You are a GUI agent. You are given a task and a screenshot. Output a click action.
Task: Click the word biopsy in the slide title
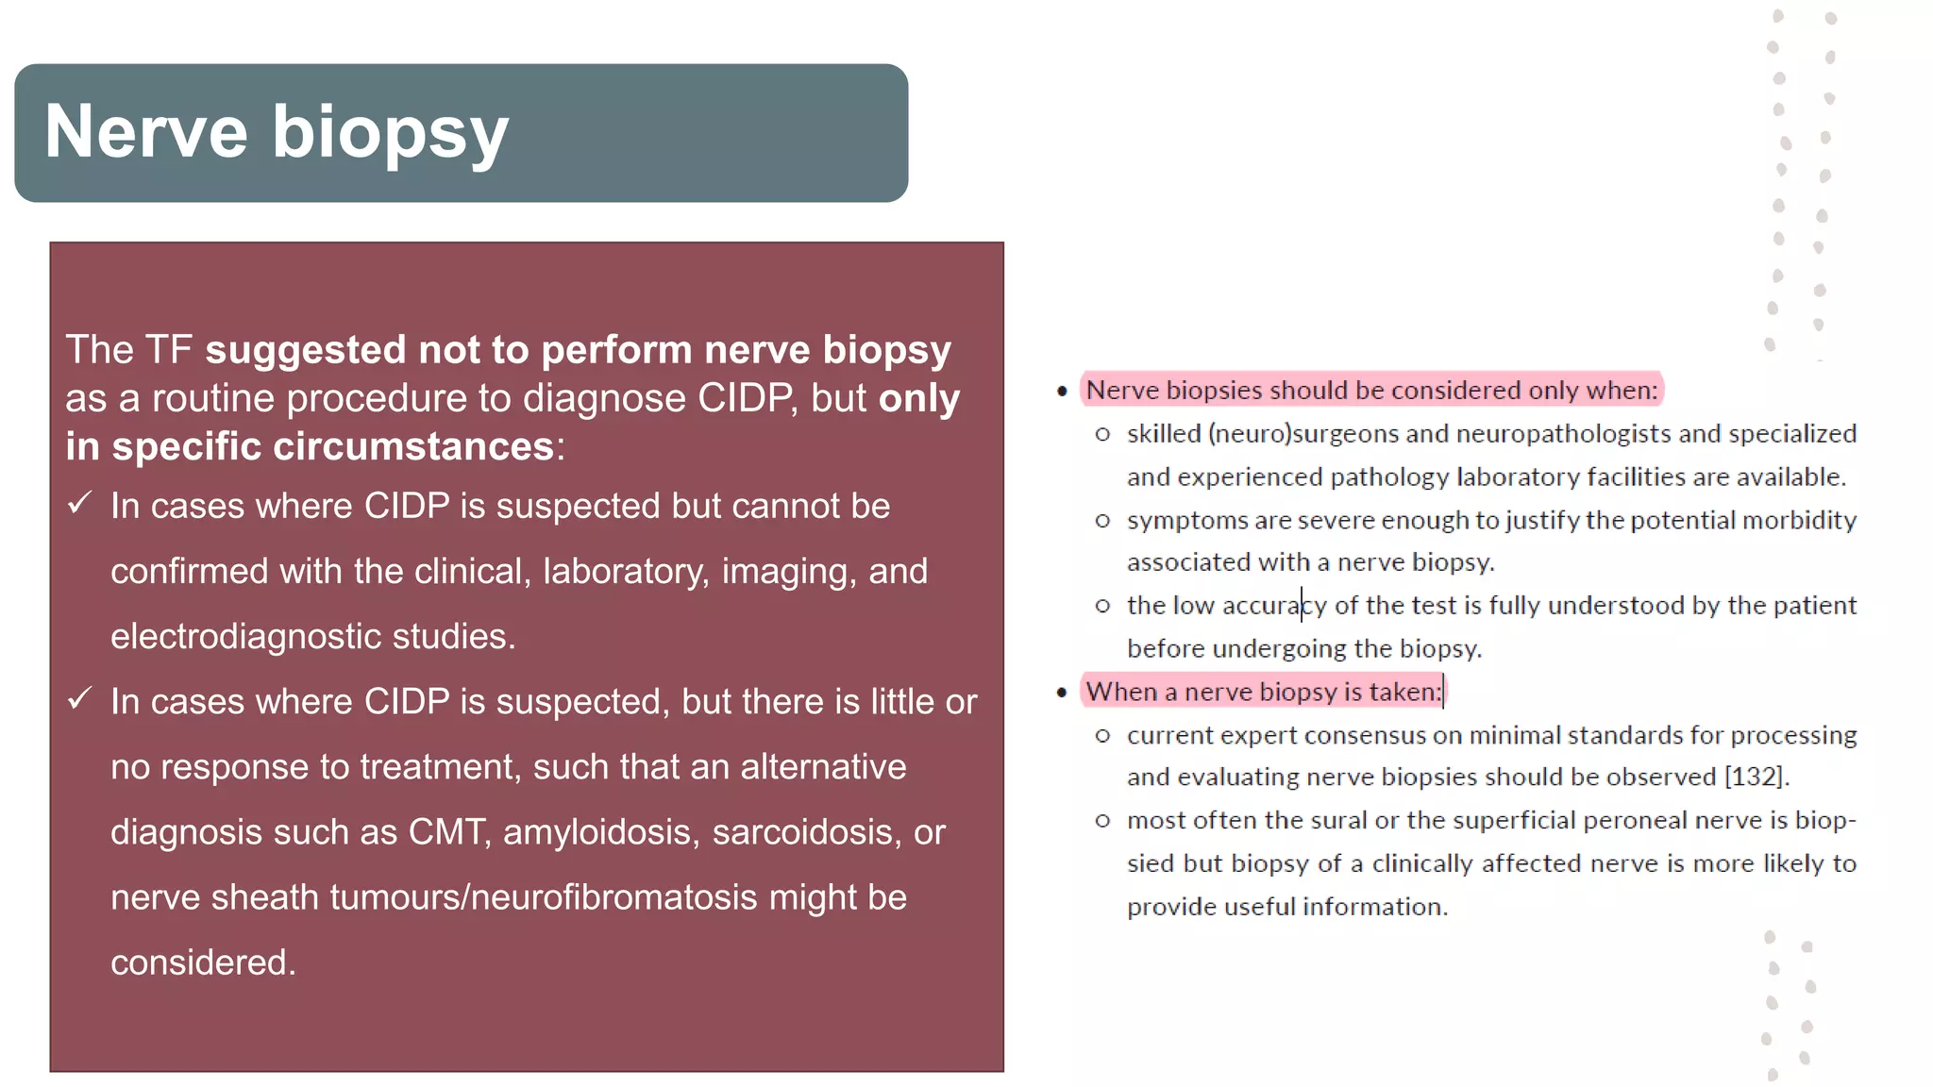point(391,134)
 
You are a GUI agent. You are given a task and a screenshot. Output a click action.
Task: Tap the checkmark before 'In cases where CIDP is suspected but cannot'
point(80,503)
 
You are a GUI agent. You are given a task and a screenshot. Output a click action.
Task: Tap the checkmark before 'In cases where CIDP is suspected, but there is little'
point(80,698)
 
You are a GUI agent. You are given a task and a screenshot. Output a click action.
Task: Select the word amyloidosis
point(601,832)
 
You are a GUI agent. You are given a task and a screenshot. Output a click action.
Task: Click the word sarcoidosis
point(807,832)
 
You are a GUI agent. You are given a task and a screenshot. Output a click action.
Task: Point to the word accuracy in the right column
point(1274,606)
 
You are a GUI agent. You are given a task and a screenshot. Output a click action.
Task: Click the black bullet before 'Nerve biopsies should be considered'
point(1062,391)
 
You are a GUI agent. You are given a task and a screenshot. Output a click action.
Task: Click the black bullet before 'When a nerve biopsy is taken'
point(1062,693)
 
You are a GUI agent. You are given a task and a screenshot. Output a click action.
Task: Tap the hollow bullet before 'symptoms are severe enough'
point(1102,521)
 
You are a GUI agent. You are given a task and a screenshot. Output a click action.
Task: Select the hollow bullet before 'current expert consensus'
point(1102,735)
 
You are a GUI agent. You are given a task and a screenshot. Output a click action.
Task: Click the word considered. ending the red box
point(203,962)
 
